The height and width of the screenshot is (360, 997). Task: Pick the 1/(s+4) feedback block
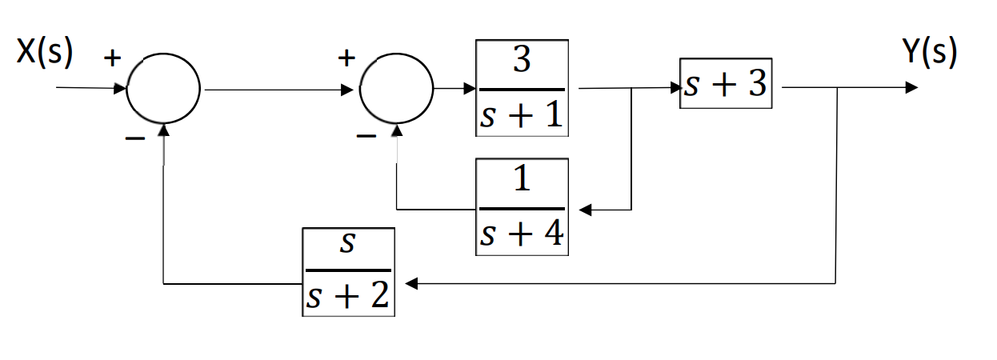pos(522,206)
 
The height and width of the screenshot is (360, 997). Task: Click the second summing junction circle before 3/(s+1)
pos(396,89)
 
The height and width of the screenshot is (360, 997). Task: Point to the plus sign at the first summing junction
pos(113,58)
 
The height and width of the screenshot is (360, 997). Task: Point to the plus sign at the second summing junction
pos(346,58)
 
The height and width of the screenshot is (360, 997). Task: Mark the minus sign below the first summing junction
pos(134,138)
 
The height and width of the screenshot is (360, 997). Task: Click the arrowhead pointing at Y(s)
pos(911,87)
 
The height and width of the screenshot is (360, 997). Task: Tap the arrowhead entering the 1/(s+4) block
pos(586,210)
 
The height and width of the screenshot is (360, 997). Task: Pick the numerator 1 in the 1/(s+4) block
pos(522,181)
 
